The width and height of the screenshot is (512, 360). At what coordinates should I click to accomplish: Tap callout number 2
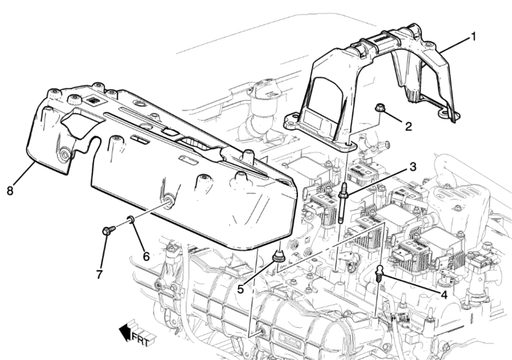tap(409, 126)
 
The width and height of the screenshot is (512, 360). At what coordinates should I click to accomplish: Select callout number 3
tap(413, 167)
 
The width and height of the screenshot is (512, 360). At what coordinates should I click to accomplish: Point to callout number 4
tap(444, 294)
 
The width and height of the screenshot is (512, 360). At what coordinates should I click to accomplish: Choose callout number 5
tap(241, 289)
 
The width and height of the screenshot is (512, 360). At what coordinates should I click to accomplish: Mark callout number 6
tap(146, 257)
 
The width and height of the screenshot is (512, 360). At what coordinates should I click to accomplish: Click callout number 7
tap(99, 274)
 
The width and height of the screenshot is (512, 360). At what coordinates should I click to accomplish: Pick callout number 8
tap(10, 191)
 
